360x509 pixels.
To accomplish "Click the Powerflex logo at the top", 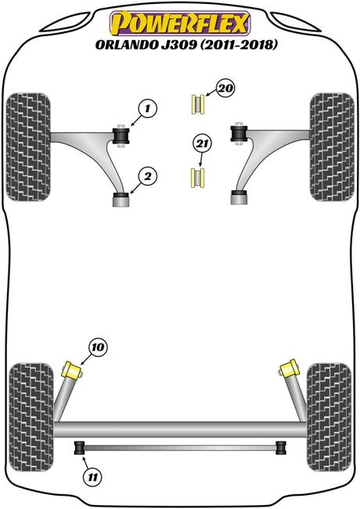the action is pos(180,23).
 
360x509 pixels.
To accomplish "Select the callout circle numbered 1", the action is pos(148,108).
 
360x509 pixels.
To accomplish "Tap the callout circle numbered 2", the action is pos(148,177).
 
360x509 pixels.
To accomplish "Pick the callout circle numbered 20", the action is pos(225,88).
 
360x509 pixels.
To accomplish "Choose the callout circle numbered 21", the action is pos(202,144).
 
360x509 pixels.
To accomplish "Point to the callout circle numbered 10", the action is pos(98,348).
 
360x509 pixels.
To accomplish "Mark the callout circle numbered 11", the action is pos(93,477).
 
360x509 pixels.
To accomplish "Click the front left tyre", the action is pos(28,147).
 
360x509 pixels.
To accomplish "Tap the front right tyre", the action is pos(332,147).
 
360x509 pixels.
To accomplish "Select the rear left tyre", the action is pos(31,417).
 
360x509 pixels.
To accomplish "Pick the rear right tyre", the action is pos(329,417).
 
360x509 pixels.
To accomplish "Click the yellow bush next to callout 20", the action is pos(197,104).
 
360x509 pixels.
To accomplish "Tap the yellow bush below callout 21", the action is pos(197,178).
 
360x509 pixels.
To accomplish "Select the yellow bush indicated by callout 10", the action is pos(72,370).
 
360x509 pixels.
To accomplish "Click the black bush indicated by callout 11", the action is pos(80,448).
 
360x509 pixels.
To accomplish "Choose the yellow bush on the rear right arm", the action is pos(288,369).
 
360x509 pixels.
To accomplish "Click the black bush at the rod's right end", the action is pos(281,448).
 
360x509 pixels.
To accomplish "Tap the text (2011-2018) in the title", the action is pos(239,45).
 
